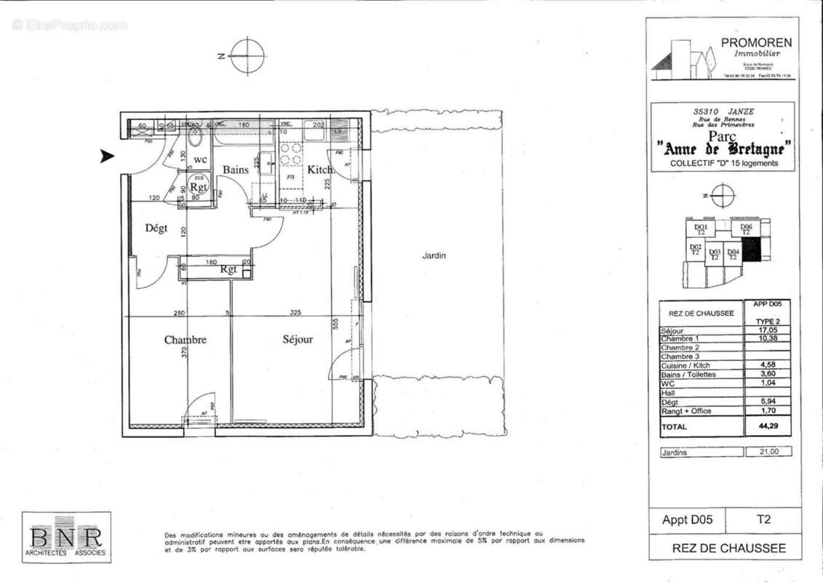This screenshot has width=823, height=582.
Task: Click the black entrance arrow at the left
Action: click(107, 156)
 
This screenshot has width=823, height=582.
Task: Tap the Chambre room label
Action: click(185, 340)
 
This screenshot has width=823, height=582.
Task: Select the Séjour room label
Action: click(298, 340)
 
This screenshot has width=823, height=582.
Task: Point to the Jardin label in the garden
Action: click(434, 256)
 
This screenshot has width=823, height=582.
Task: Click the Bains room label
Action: click(236, 170)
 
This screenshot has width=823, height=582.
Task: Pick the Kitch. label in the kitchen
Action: click(319, 170)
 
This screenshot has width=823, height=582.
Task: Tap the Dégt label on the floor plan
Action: click(156, 228)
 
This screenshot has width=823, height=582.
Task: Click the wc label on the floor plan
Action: click(200, 159)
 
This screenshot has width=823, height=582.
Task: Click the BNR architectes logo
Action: click(66, 538)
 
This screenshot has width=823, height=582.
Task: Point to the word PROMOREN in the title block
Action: click(756, 43)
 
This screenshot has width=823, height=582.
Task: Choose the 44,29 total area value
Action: click(768, 427)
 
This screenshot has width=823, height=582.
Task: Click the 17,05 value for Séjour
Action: click(768, 330)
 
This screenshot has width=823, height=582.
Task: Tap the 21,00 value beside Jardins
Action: click(768, 452)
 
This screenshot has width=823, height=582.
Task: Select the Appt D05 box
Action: click(688, 520)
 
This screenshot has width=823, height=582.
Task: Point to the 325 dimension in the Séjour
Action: click(295, 313)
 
